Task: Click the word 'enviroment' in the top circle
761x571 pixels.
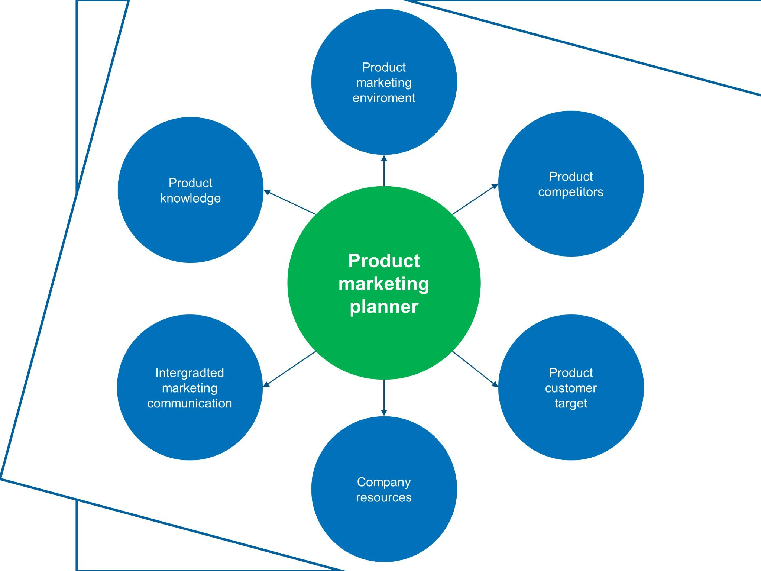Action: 384,98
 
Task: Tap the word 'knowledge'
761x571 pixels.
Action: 190,198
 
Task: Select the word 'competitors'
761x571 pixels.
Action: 571,192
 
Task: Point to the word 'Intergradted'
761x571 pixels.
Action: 190,372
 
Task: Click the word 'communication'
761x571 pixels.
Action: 190,403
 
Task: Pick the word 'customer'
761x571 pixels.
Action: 571,388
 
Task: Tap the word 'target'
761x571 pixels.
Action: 571,403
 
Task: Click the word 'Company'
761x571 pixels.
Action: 384,482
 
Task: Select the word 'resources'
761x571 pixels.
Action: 384,497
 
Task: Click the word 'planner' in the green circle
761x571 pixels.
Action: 384,307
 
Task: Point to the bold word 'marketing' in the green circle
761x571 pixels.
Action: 384,284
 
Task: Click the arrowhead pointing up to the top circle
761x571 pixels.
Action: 384,158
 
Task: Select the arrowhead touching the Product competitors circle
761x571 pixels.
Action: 495,186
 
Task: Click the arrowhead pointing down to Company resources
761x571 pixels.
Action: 384,413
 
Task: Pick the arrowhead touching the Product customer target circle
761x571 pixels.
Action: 495,384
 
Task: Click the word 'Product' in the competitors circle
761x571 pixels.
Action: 571,177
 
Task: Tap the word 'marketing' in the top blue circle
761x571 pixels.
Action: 384,83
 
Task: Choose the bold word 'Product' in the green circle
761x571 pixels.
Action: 384,261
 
